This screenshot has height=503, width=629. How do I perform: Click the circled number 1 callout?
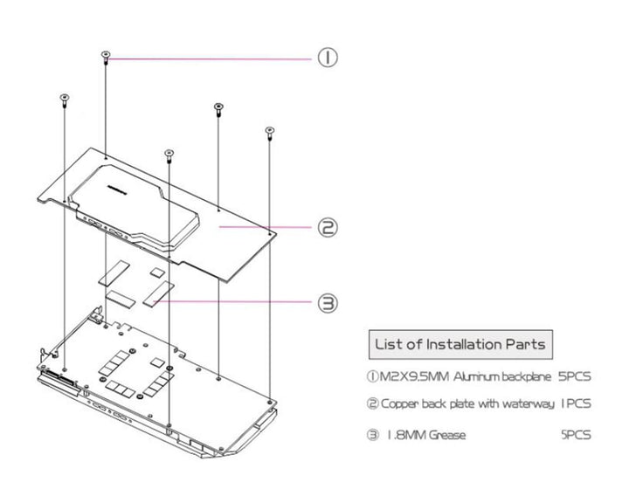point(327,59)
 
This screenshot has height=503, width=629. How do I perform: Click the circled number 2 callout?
point(327,228)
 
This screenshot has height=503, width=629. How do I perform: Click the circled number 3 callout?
point(327,303)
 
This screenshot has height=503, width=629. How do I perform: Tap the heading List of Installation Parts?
point(460,343)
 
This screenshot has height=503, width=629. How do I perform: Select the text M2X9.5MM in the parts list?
point(405,377)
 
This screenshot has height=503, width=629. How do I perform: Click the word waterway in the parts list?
point(523,405)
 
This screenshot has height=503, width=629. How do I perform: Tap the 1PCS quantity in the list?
point(574,404)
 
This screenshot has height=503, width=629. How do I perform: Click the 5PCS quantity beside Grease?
point(574,434)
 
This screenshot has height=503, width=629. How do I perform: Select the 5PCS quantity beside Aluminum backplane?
point(573,377)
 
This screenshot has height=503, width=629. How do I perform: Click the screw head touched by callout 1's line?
point(106,56)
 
